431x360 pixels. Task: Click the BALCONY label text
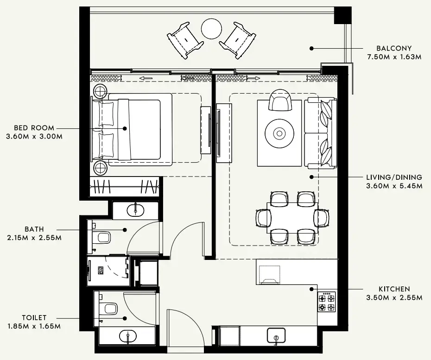point(394,48)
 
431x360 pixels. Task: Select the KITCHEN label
point(393,289)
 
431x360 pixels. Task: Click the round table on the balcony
point(211,29)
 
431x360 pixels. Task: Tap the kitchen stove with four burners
point(327,302)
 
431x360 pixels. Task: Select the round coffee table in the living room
point(279,134)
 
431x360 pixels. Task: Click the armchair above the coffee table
point(280,100)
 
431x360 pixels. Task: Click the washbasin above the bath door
point(135,210)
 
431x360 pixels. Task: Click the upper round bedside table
point(101,91)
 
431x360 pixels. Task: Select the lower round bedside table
point(101,167)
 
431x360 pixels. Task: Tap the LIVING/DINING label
point(394,177)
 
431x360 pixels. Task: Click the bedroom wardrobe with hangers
point(125,187)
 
